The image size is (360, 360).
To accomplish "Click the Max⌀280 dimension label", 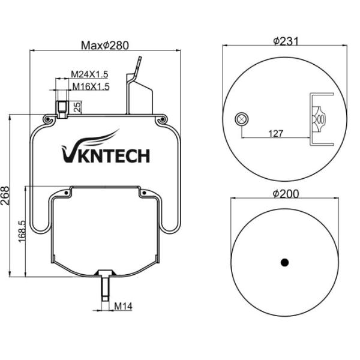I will tap(105, 45).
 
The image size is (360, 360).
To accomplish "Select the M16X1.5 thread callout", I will tap(91, 86).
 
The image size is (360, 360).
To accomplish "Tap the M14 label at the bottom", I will tap(123, 307).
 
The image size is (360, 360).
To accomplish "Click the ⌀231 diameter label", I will tap(286, 41).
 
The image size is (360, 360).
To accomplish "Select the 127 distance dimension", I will tap(276, 133).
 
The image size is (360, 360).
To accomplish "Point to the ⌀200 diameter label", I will tap(286, 193).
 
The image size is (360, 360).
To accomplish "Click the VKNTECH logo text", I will tap(106, 155).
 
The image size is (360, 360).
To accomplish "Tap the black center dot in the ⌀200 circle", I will tap(285, 262).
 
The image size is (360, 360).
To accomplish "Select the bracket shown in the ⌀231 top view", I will tap(322, 119).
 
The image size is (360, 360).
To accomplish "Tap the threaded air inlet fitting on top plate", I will tap(61, 108).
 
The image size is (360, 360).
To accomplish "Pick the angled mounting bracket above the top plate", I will tap(137, 90).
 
